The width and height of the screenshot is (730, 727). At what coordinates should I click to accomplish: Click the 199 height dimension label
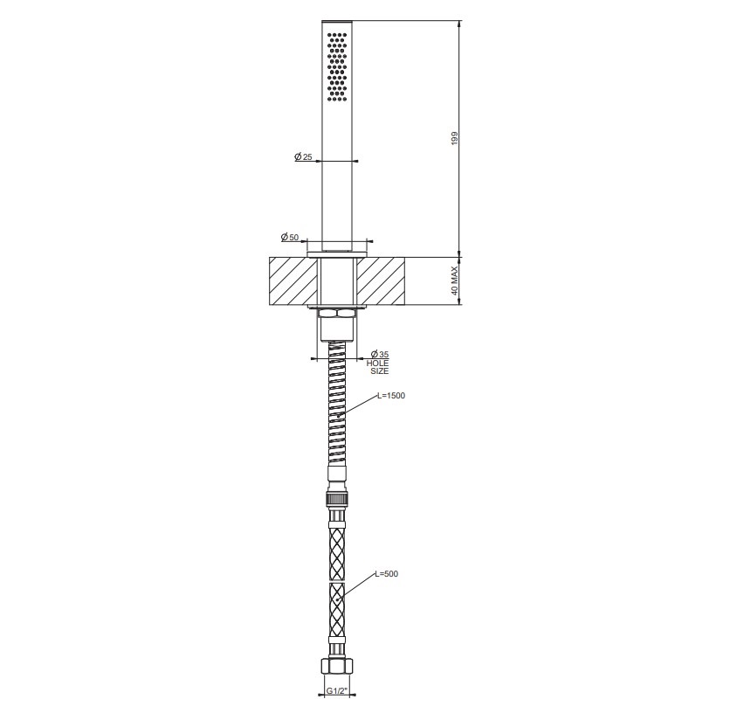pyautogui.click(x=455, y=138)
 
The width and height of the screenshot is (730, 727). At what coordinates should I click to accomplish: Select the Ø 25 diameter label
pyautogui.click(x=304, y=157)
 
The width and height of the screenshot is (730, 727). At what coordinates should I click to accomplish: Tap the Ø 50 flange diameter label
pyautogui.click(x=290, y=237)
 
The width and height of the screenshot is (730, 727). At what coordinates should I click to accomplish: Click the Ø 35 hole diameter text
pyautogui.click(x=380, y=355)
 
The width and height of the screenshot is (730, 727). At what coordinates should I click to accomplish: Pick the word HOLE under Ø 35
pyautogui.click(x=377, y=363)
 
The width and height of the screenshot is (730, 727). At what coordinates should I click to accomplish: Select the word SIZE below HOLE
pyautogui.click(x=380, y=371)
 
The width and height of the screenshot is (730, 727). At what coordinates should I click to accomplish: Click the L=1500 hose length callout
pyautogui.click(x=391, y=396)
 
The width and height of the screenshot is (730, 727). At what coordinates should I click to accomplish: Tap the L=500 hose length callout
pyautogui.click(x=387, y=574)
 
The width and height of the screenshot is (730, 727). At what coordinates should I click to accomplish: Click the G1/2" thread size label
pyautogui.click(x=336, y=690)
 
